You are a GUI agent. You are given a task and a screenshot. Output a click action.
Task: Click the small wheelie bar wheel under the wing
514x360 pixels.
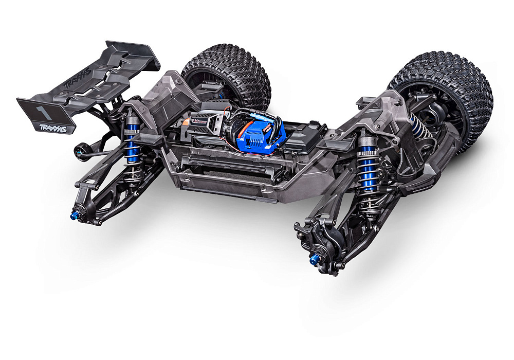[x=80, y=150]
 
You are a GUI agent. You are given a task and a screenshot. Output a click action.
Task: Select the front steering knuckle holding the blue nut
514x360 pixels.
[x=321, y=247]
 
